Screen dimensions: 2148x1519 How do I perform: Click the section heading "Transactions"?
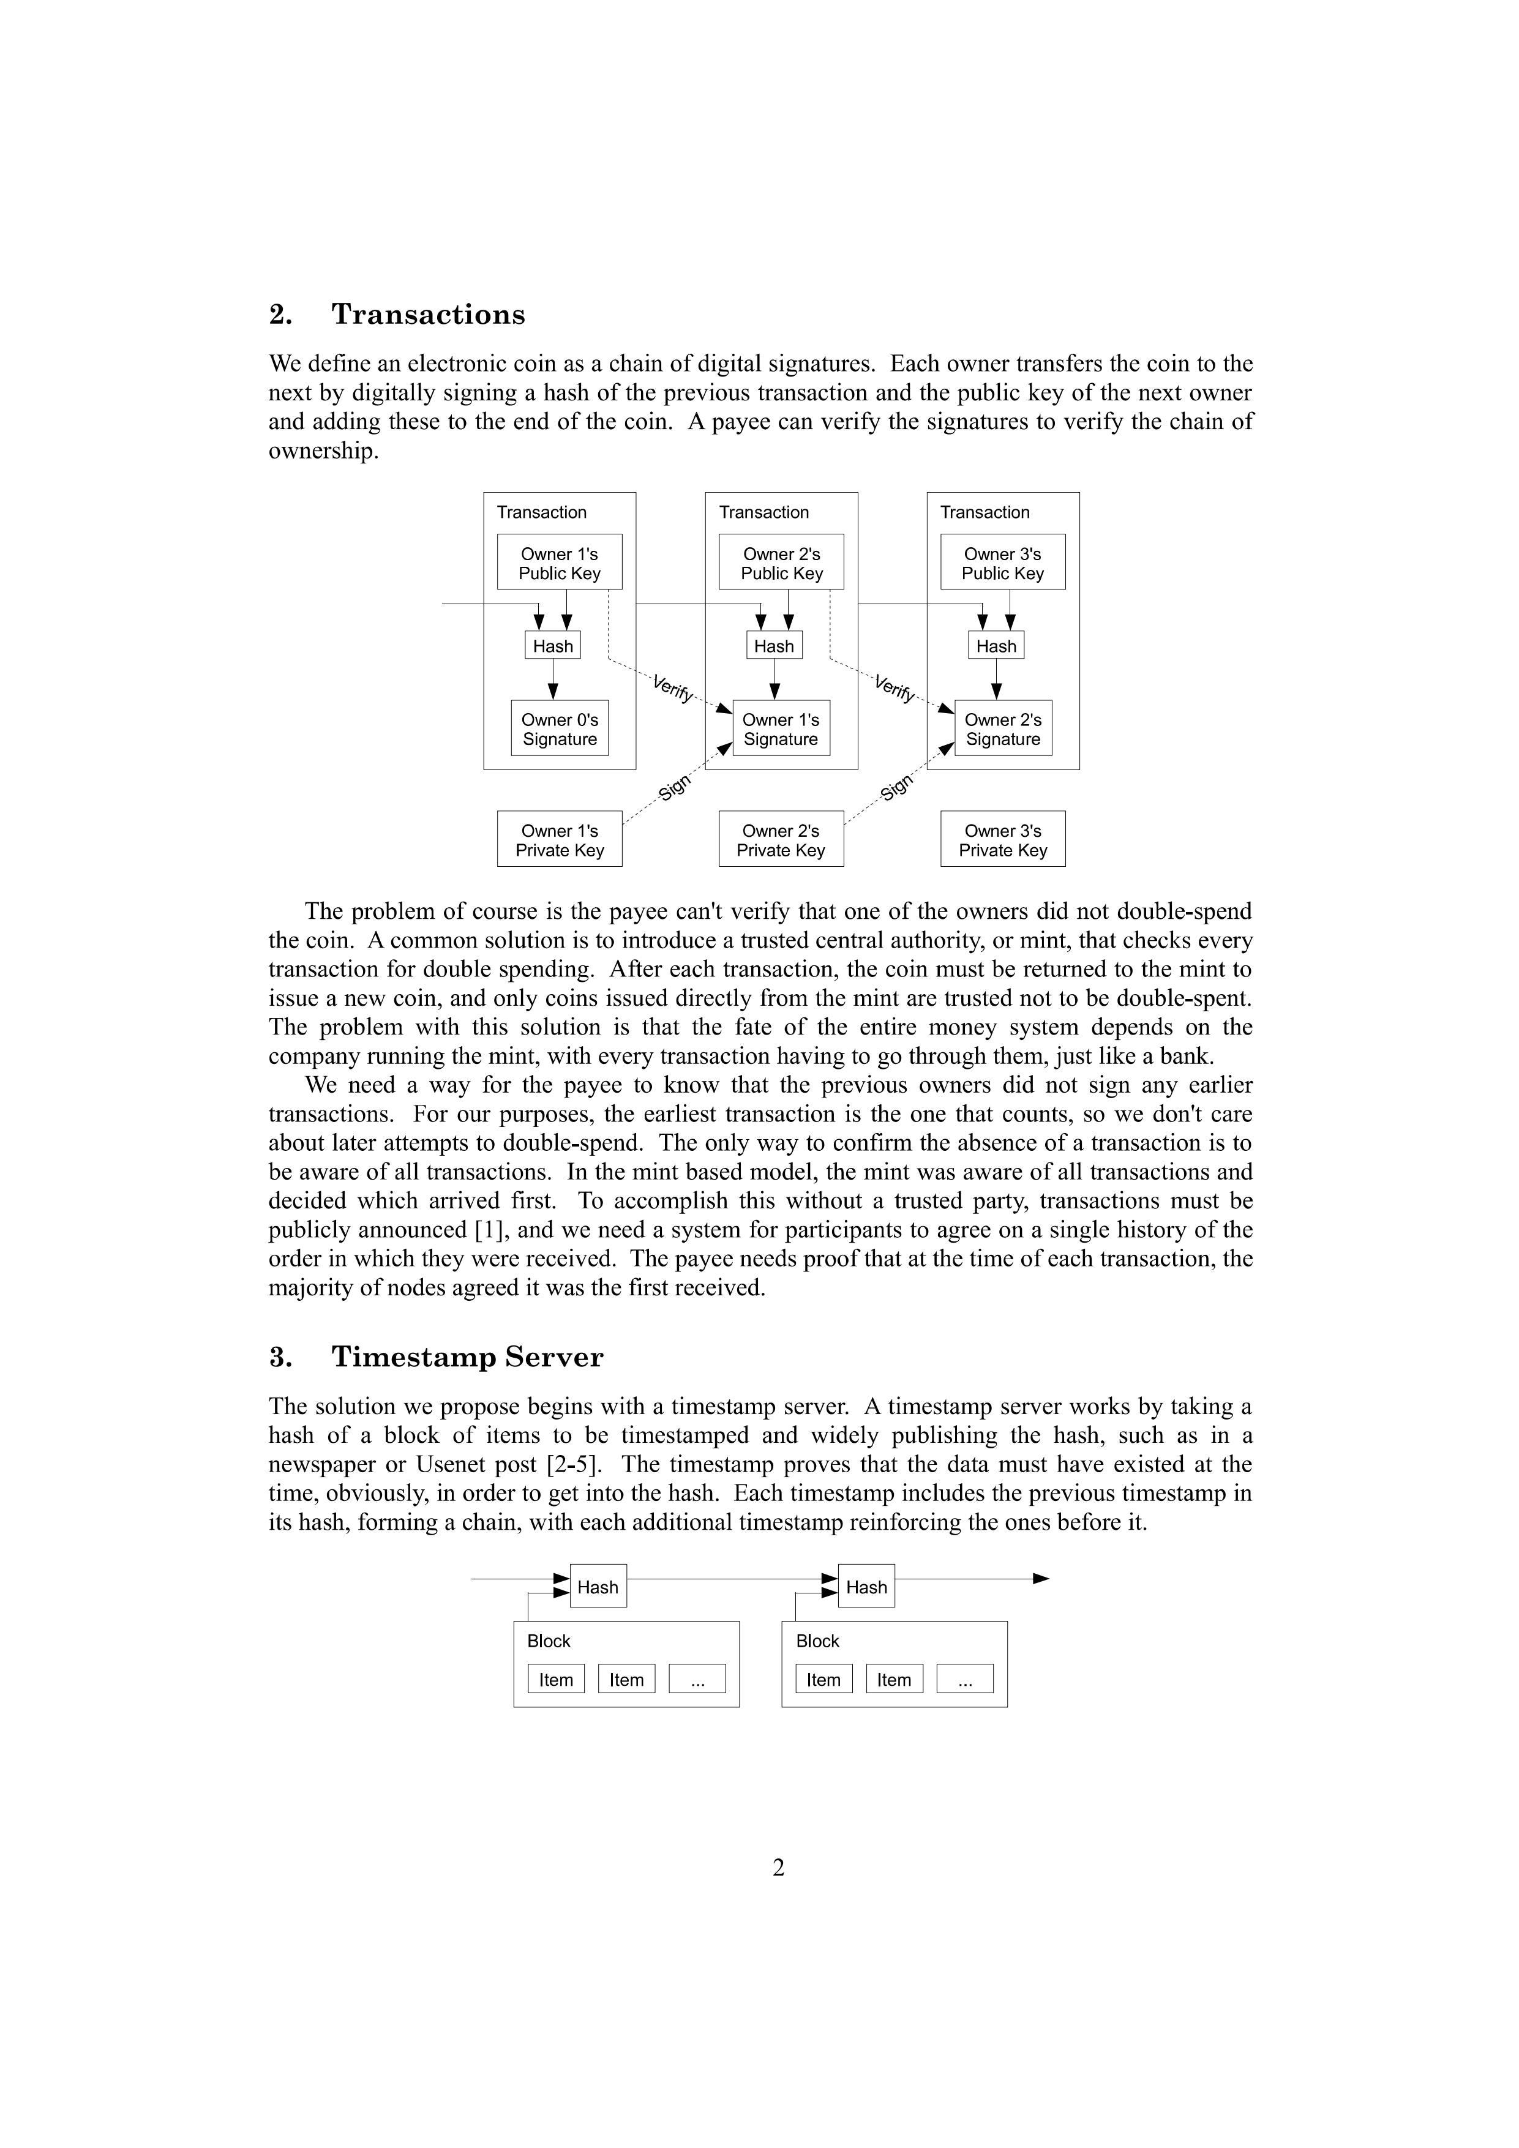(428, 315)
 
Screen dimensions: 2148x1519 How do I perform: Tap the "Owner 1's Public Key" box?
(560, 563)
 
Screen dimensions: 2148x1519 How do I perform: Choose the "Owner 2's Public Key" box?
(781, 563)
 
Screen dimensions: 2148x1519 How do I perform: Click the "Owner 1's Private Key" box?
(560, 839)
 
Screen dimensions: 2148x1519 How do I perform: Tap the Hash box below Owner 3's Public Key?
(996, 646)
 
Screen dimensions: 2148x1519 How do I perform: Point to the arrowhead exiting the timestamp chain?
(1041, 1579)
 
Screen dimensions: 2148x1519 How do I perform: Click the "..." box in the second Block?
(965, 1679)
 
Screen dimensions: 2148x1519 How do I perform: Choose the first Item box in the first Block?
(556, 1679)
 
